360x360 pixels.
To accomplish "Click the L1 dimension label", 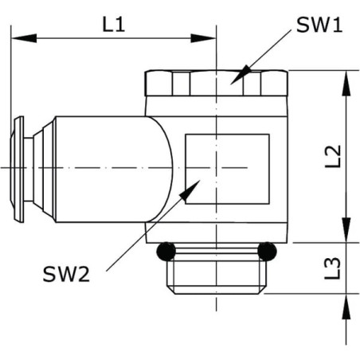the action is click(114, 25).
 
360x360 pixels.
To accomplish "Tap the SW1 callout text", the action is click(319, 25).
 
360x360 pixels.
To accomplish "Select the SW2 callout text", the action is click(66, 274).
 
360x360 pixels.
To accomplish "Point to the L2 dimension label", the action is click(333, 156).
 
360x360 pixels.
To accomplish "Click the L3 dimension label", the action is click(333, 268).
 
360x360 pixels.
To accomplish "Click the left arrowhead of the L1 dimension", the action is click(24, 38).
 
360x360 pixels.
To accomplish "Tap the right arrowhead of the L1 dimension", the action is click(203, 38).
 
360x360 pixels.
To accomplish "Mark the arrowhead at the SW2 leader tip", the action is click(190, 190).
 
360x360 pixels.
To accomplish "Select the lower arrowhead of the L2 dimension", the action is click(346, 230).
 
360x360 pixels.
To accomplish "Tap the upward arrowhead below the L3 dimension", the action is click(346, 307).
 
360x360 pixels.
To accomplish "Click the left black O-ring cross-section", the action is click(166, 251).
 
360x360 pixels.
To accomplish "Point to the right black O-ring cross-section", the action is click(267, 251).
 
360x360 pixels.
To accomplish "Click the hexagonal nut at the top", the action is click(216, 83).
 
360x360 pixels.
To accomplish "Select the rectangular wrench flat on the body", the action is click(228, 169).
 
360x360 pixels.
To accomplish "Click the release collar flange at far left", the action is click(18, 169).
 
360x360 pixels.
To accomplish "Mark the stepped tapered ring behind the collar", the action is click(45, 169).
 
